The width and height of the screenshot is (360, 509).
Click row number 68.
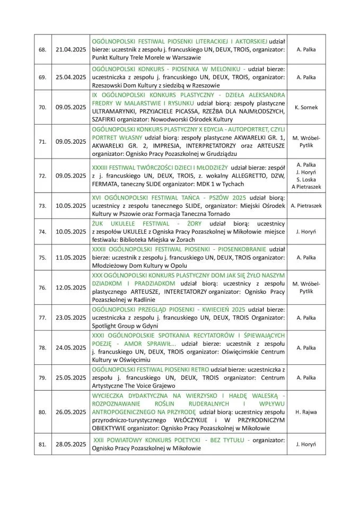tap(43, 49)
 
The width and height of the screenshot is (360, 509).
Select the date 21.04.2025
tap(70, 49)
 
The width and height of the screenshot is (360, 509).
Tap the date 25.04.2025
tap(70, 77)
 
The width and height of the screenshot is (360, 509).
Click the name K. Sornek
tap(306, 107)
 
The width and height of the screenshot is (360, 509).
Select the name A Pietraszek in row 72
tap(306, 187)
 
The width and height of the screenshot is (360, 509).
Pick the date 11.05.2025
tap(70, 257)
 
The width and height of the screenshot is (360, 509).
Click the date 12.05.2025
tap(70, 287)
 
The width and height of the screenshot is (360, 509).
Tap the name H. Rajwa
tap(306, 411)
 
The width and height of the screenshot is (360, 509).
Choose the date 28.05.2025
tap(70, 444)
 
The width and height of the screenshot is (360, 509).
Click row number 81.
tap(43, 444)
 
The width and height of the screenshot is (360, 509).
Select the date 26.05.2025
tap(70, 411)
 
